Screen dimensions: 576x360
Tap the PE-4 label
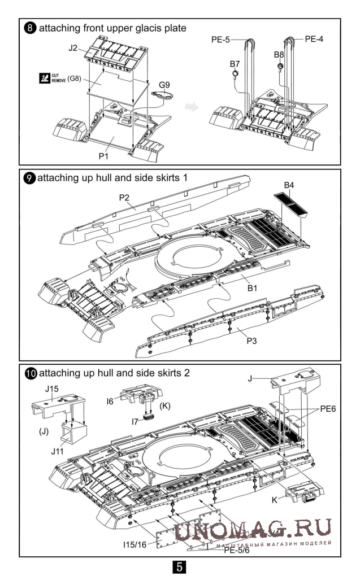(x=315, y=39)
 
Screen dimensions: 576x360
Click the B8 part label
(x=279, y=54)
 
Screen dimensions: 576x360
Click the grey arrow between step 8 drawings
(x=193, y=107)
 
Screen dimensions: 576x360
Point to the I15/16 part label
(x=136, y=546)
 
